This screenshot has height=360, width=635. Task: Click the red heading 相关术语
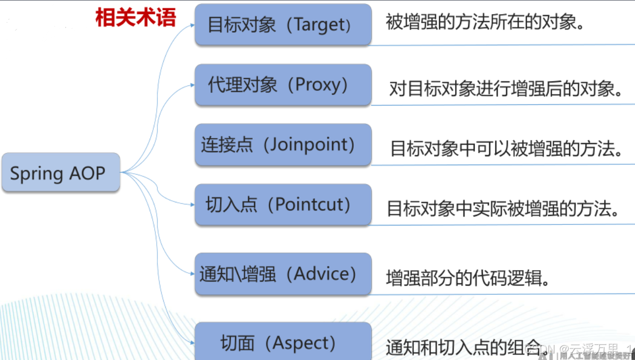coord(136,18)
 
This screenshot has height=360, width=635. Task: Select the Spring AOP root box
coord(61,172)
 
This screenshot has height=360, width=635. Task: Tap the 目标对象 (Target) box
coord(283,25)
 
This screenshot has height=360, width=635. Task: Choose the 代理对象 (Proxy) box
coord(283,84)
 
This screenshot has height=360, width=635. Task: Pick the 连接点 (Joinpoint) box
coord(283,145)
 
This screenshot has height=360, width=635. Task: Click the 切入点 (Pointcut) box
coord(283,204)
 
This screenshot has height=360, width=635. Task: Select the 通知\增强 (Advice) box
coord(283,274)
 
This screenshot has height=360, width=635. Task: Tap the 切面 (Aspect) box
coord(283,342)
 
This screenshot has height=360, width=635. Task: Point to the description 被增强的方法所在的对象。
coord(485,22)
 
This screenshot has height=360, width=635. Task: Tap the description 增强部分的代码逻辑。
coord(467,278)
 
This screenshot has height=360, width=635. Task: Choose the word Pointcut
coord(312,204)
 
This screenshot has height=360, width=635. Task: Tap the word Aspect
coord(304,343)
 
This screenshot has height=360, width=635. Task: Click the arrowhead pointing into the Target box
coord(192,25)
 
